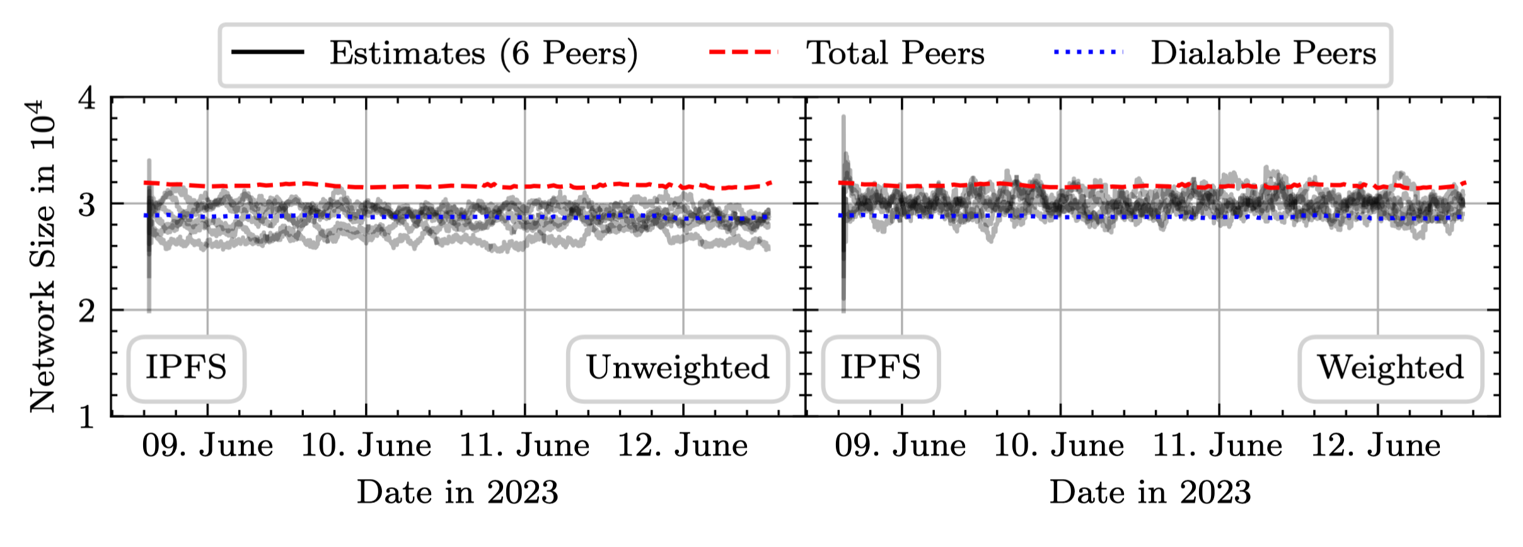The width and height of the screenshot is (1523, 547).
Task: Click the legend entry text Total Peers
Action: coord(895,53)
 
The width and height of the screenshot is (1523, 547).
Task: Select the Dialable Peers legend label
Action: coord(1263,53)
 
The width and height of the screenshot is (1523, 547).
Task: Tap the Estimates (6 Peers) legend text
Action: coord(484,53)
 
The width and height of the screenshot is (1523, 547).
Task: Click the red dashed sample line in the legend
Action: coord(743,52)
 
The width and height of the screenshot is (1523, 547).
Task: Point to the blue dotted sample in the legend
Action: coord(1089,52)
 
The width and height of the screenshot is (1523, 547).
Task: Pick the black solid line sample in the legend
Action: coord(268,52)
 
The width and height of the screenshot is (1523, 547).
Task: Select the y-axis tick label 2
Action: coord(87,311)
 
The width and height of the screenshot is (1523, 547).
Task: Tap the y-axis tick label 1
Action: coord(87,417)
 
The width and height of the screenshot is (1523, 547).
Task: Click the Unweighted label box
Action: coord(678,368)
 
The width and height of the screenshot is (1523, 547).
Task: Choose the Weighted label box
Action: coord(1390,368)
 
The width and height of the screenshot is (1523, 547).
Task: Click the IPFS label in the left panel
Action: coord(186,368)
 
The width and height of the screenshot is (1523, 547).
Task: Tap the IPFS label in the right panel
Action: coord(881,368)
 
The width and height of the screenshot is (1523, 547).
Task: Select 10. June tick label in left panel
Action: coord(366,446)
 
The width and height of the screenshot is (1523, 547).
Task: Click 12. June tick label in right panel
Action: coord(1376,446)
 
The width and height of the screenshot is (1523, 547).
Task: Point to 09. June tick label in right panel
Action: coord(900,446)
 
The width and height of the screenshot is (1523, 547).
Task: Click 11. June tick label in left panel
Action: coord(524,446)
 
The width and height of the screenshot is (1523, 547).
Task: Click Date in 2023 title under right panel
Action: coord(1150,492)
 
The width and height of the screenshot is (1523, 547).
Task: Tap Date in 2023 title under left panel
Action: coord(458,492)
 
